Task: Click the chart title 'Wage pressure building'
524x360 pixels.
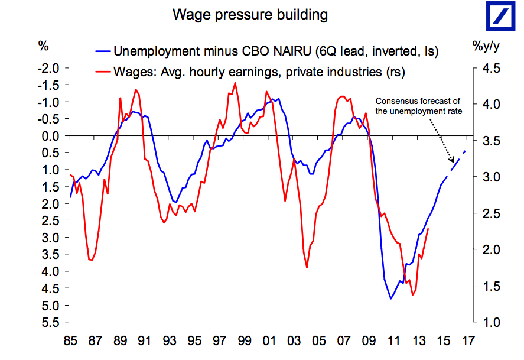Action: (250, 14)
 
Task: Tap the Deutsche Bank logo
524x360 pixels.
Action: (499, 17)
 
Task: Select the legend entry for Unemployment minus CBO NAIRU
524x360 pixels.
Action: (275, 51)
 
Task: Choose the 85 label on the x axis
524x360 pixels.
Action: (70, 342)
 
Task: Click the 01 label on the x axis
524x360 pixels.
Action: (269, 342)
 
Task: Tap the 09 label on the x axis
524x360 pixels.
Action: (368, 342)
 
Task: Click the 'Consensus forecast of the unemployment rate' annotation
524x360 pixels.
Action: (418, 106)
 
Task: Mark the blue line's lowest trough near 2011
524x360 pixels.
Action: (390, 299)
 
